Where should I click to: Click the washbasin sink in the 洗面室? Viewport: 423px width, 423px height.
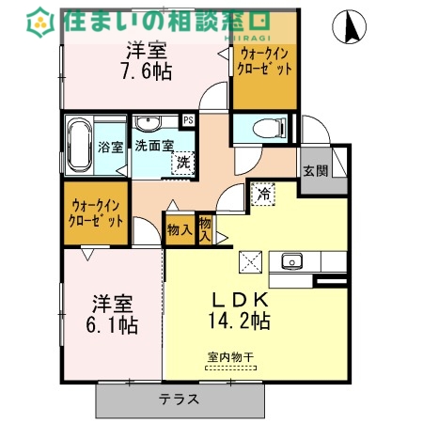coord(148,124)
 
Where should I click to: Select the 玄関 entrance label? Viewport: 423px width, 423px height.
coord(315,171)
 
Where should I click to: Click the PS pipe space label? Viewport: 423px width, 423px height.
coord(188,120)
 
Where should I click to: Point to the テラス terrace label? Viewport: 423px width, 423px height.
coord(179,399)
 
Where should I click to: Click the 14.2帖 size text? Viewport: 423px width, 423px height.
coord(240,321)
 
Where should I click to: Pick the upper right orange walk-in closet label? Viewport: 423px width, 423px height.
coord(265,62)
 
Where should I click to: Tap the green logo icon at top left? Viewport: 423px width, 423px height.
coord(40,21)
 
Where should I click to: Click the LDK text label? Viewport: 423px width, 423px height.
coord(240,299)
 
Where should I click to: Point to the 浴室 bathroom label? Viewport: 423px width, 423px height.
coord(110,148)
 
